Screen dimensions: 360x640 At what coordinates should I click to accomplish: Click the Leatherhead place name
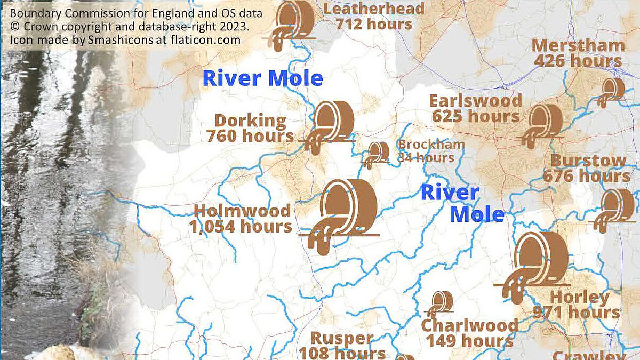click(x=374, y=8)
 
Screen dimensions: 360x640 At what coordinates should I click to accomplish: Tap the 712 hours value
click(x=374, y=24)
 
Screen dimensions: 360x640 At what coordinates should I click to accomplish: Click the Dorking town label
click(x=250, y=121)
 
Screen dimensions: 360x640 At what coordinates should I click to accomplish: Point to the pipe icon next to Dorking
click(x=330, y=126)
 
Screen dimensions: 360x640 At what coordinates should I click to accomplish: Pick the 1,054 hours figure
click(x=241, y=226)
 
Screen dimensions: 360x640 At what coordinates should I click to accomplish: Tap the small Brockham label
click(x=431, y=144)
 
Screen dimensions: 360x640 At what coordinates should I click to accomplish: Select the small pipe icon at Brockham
click(x=377, y=154)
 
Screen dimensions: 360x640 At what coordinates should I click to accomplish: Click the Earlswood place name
click(x=475, y=100)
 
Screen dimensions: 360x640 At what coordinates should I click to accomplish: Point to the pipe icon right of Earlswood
click(x=543, y=124)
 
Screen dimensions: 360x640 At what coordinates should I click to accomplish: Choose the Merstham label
click(x=578, y=46)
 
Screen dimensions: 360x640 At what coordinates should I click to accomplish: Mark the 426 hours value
click(x=578, y=61)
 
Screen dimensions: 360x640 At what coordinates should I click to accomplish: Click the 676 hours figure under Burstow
click(x=586, y=175)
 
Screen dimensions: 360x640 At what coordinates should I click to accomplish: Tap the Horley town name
click(x=579, y=297)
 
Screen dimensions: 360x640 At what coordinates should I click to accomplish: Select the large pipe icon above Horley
click(x=535, y=265)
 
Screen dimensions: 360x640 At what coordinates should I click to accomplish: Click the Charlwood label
click(x=469, y=325)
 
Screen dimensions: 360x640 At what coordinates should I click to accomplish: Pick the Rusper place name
click(x=341, y=338)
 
